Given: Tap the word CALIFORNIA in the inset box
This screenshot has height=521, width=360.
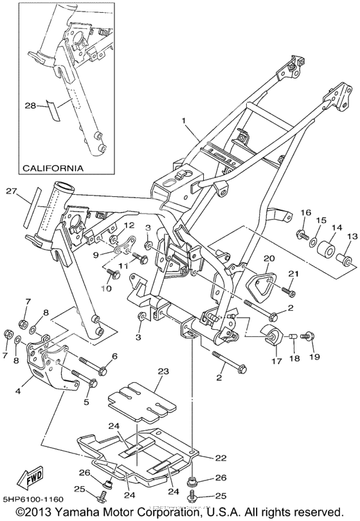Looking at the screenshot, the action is (53, 168).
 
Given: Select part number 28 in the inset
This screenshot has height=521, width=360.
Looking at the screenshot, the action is (30, 105).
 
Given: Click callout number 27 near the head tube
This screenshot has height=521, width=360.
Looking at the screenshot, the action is (11, 191).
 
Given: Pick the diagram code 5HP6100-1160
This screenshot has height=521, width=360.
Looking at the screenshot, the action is (32, 499).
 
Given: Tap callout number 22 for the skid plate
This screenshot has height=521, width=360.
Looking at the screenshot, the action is (221, 458).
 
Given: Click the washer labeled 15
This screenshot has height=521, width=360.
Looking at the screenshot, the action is (313, 243).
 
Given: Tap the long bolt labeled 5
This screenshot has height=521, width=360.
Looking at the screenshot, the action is (84, 378).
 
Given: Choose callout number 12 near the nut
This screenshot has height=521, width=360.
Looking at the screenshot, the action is (129, 225).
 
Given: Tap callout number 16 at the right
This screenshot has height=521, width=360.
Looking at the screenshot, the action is (306, 212).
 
